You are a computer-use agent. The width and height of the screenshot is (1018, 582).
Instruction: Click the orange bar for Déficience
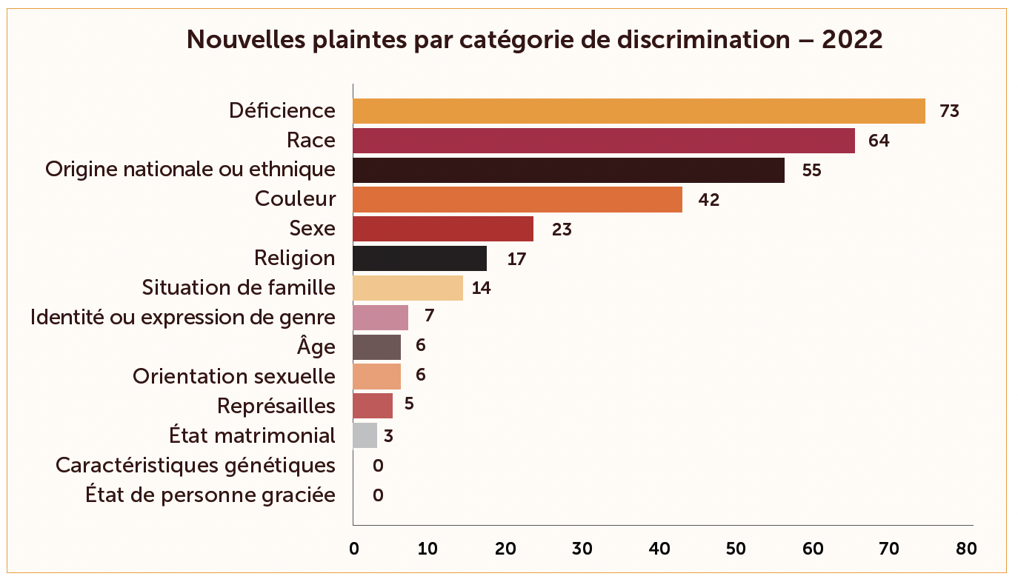click(x=639, y=111)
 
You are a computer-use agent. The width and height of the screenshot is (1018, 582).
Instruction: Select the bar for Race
click(x=603, y=141)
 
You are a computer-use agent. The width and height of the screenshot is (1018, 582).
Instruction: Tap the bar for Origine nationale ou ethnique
click(x=568, y=170)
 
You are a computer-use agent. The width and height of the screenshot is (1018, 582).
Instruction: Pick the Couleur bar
click(x=517, y=200)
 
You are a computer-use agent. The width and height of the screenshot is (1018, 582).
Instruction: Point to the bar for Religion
click(x=419, y=258)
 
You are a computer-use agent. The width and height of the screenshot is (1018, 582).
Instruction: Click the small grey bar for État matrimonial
click(x=365, y=435)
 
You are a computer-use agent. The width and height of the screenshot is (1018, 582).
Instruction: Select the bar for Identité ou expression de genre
click(x=380, y=318)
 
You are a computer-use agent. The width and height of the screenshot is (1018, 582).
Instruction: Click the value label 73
click(x=949, y=112)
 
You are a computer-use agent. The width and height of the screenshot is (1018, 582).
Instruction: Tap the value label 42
click(x=709, y=200)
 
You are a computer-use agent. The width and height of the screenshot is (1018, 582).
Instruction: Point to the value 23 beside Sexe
click(x=562, y=230)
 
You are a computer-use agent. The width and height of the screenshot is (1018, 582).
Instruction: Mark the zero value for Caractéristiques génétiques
click(x=378, y=466)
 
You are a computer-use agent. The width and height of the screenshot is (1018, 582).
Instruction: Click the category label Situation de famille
click(x=239, y=287)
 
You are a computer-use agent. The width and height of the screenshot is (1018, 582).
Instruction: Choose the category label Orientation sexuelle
click(x=233, y=376)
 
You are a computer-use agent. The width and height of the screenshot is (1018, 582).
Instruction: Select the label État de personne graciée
click(x=210, y=495)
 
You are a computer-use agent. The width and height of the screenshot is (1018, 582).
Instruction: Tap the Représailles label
click(x=276, y=406)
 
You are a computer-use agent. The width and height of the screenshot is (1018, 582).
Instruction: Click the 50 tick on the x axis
click(x=735, y=549)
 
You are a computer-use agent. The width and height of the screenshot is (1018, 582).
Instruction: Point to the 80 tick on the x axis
click(x=966, y=549)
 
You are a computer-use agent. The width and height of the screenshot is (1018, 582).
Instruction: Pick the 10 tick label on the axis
click(x=428, y=549)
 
